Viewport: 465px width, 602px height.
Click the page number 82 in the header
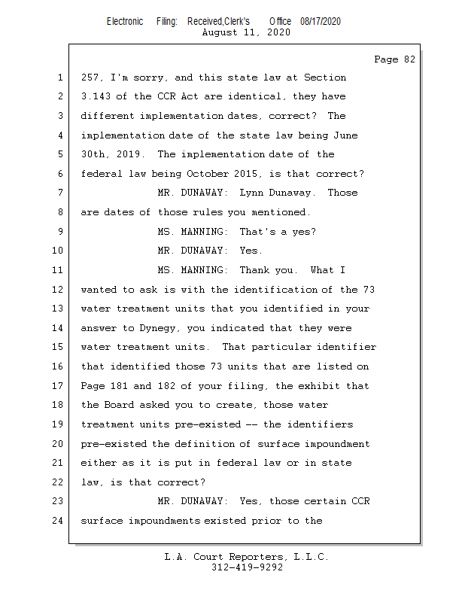(x=409, y=59)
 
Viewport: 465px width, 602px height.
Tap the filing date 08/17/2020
(x=321, y=22)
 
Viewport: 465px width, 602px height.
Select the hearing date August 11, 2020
(x=246, y=32)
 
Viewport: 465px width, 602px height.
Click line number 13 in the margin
(x=58, y=309)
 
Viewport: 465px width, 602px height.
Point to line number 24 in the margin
(x=58, y=521)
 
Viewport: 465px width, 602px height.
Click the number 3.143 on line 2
(x=96, y=96)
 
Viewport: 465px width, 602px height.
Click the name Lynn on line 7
(x=251, y=193)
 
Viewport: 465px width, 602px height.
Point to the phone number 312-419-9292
(x=247, y=567)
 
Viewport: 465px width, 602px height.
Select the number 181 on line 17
(x=119, y=385)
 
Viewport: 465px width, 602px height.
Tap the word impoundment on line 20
(x=337, y=444)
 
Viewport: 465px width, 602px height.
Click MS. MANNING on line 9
(x=193, y=232)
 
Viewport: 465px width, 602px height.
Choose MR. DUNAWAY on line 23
(x=193, y=501)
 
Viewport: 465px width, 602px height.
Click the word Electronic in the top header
(x=125, y=22)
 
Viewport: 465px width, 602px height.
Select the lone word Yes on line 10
(x=251, y=251)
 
